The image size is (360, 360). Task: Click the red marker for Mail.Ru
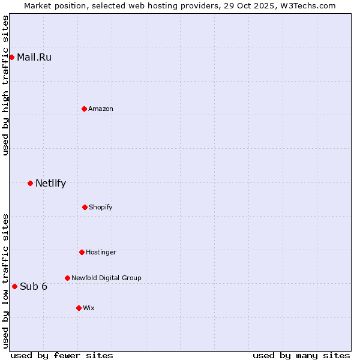(11, 57)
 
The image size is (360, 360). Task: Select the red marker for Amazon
(84, 109)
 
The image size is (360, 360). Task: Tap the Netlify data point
(30, 183)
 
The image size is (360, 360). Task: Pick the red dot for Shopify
(85, 207)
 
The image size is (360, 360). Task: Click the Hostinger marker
(82, 252)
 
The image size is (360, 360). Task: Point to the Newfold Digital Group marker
(67, 278)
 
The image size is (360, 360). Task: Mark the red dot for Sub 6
(14, 286)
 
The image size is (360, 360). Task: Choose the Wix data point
(79, 308)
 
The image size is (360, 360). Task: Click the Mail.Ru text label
(34, 58)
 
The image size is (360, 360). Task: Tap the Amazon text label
(101, 109)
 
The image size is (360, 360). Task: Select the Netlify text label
(50, 184)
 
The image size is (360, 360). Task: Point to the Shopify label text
(101, 207)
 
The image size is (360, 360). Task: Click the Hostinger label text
(101, 252)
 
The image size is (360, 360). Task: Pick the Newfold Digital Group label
(106, 278)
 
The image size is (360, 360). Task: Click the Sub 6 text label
(34, 286)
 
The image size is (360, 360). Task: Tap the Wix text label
(89, 308)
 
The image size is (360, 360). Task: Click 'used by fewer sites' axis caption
(62, 355)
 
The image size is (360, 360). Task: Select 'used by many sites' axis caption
(301, 355)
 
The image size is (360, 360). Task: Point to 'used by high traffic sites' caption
(5, 85)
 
